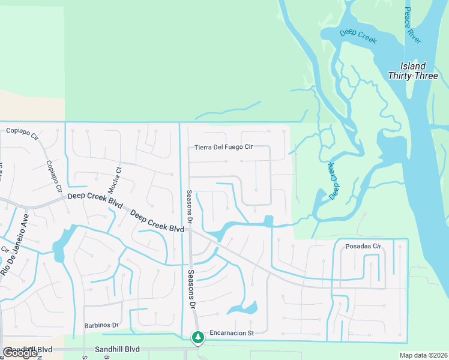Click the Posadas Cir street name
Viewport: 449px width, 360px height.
coord(364,247)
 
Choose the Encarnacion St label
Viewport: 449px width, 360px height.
coord(232,332)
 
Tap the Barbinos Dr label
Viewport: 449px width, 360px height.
coord(101,325)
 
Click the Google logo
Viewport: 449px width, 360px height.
coord(20,353)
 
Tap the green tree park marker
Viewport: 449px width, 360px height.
coord(197,338)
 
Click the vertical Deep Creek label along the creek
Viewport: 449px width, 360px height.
coord(333,180)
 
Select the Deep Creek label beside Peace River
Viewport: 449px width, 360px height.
coord(358,37)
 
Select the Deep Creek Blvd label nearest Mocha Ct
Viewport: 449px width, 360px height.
coord(91,197)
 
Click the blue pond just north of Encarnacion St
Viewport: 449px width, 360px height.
coord(243,310)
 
